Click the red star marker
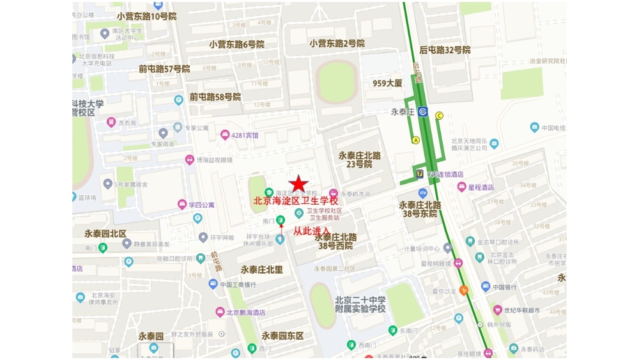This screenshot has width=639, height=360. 298,184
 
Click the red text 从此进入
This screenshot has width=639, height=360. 312,231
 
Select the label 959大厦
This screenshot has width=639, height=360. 388,83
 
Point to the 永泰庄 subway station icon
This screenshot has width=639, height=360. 422,112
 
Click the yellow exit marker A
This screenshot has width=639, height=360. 415,140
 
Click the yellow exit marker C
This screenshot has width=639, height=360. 439,116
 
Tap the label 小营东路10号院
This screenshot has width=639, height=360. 146,16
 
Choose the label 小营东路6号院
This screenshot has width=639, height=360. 236,45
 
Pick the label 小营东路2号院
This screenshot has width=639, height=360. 337,43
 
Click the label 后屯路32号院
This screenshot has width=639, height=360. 445,50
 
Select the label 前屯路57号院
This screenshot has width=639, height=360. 164,69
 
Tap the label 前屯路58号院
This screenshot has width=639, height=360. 215,97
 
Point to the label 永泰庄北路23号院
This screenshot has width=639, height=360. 359,159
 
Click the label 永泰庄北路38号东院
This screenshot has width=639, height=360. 420,209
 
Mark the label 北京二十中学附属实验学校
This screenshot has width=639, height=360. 360,304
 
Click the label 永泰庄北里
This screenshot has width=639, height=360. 262,270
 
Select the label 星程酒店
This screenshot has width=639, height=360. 482,187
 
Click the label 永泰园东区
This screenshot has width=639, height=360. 282,336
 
